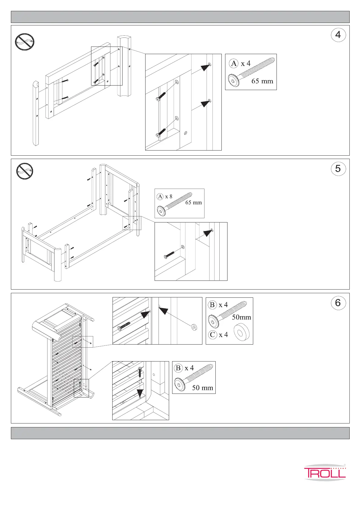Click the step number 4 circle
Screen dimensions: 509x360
coord(338,35)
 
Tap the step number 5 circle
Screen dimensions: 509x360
coord(338,169)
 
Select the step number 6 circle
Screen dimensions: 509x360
coord(338,303)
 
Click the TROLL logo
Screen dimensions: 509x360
coord(325,472)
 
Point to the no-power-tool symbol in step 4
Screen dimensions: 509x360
coord(25,42)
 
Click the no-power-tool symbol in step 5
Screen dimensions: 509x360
coord(25,171)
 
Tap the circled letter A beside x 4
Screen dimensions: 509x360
coord(234,63)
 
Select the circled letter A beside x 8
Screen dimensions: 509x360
coord(160,196)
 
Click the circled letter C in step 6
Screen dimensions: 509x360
coord(213,335)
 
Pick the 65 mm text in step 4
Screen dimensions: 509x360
coord(262,81)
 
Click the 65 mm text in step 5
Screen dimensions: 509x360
coord(194,203)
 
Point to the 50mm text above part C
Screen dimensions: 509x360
coord(241,317)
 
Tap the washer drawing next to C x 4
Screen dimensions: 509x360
coord(241,332)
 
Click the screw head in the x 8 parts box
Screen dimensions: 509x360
coord(161,211)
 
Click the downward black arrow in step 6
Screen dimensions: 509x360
coord(140,393)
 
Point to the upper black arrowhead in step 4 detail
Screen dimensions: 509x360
coord(206,67)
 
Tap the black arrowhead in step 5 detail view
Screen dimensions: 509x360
coord(207,233)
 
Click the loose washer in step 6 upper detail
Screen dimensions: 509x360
coord(194,327)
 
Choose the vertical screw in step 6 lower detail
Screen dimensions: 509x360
coord(140,371)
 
